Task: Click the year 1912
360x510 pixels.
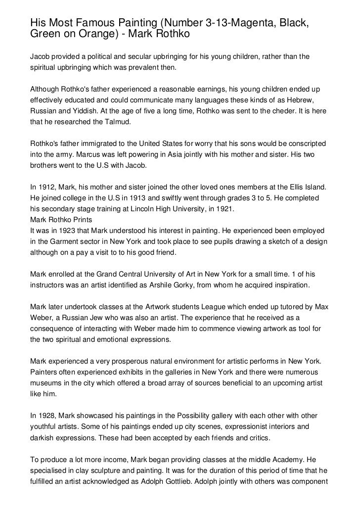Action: [48, 187]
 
